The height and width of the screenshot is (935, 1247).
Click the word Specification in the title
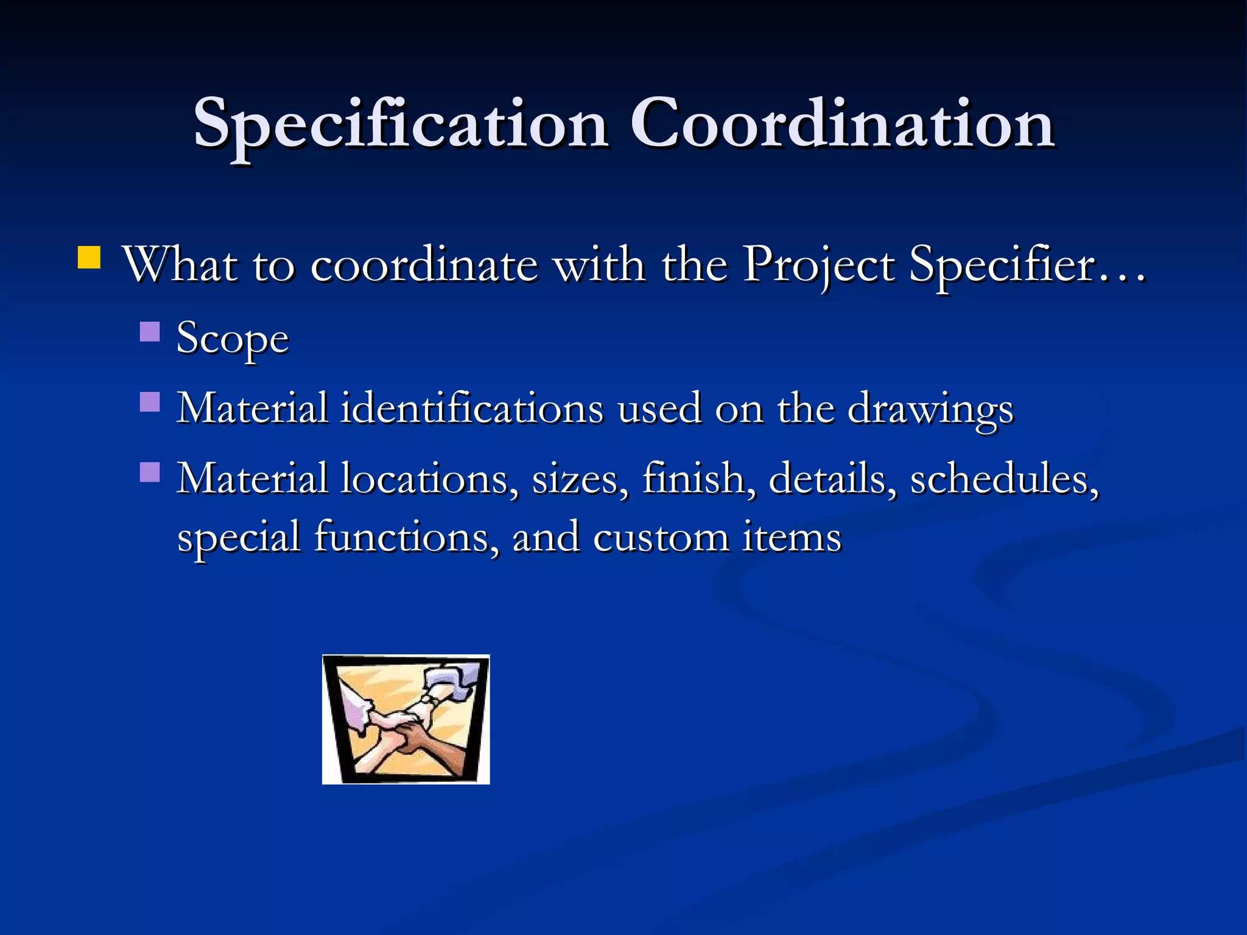(x=401, y=125)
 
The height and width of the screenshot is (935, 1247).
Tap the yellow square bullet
(x=90, y=257)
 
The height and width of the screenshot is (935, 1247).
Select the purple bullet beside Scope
(x=150, y=332)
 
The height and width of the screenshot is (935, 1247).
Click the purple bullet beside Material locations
(x=150, y=472)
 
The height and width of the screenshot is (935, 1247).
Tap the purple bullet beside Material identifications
(x=150, y=402)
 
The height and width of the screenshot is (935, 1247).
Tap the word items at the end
(x=792, y=538)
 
